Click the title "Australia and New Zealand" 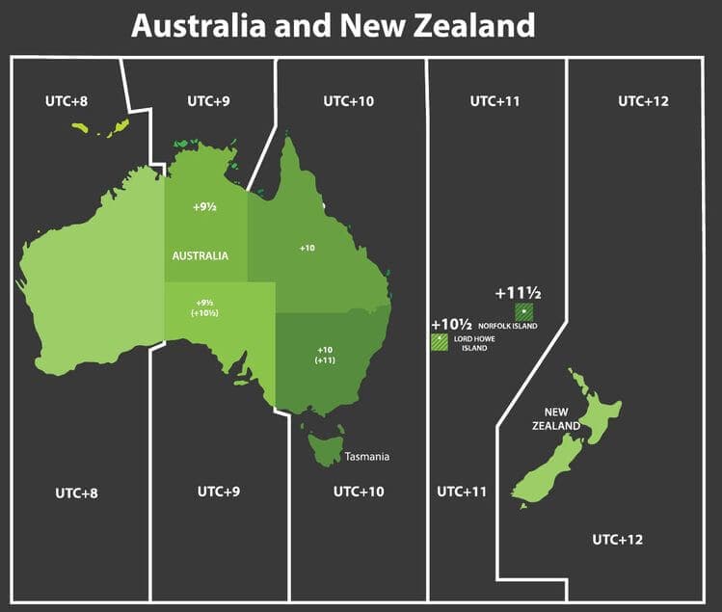333,26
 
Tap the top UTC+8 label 67,100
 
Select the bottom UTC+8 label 76,492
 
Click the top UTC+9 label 207,100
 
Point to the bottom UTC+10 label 359,492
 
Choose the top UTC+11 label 495,100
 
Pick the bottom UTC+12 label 618,538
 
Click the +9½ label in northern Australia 204,206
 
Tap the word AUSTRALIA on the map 201,255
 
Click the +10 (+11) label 325,354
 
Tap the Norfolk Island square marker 523,311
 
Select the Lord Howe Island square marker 440,341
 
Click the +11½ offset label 517,292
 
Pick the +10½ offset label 451,324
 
